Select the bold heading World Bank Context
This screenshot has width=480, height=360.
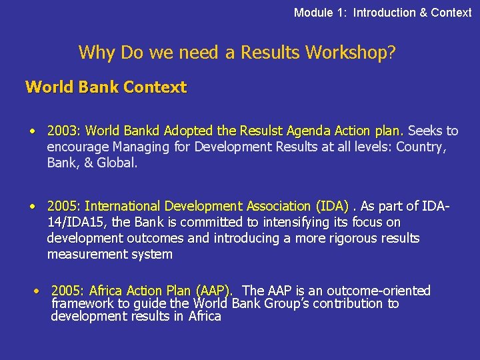point(106,87)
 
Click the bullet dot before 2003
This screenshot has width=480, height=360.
point(32,131)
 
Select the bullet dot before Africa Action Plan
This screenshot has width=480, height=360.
point(38,291)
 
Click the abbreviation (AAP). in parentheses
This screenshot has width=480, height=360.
point(213,291)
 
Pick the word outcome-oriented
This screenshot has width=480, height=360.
point(383,291)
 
